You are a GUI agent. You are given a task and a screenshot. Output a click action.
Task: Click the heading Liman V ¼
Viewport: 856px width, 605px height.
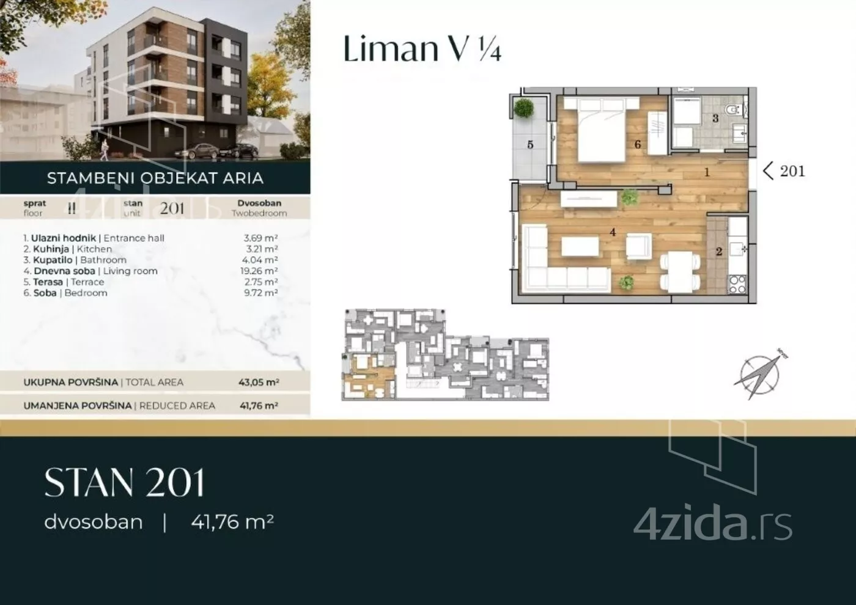pyautogui.click(x=422, y=49)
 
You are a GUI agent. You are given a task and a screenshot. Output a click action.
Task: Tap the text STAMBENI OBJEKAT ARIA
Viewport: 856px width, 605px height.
pyautogui.click(x=155, y=178)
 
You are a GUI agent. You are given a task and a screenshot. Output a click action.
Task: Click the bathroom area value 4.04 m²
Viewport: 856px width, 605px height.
pyautogui.click(x=260, y=260)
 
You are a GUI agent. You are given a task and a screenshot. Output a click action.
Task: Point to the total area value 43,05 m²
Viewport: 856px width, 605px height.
pyautogui.click(x=259, y=383)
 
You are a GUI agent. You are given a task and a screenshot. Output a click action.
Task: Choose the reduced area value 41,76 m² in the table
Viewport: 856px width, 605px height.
pyautogui.click(x=259, y=405)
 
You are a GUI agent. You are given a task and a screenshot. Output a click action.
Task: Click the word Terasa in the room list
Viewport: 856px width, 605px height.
pyautogui.click(x=48, y=282)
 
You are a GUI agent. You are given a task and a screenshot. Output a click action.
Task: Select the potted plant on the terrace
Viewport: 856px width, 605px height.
pyautogui.click(x=524, y=109)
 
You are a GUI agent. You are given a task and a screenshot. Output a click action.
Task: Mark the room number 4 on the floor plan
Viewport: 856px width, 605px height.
pyautogui.click(x=612, y=232)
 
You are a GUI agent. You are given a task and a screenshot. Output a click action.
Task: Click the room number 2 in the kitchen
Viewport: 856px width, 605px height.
pyautogui.click(x=719, y=251)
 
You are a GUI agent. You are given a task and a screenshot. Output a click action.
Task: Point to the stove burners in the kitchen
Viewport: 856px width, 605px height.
pyautogui.click(x=737, y=284)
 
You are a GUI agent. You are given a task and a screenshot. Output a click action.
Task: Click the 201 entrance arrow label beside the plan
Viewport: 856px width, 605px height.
pyautogui.click(x=784, y=171)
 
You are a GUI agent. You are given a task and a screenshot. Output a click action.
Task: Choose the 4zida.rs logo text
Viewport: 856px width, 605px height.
pyautogui.click(x=713, y=524)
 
